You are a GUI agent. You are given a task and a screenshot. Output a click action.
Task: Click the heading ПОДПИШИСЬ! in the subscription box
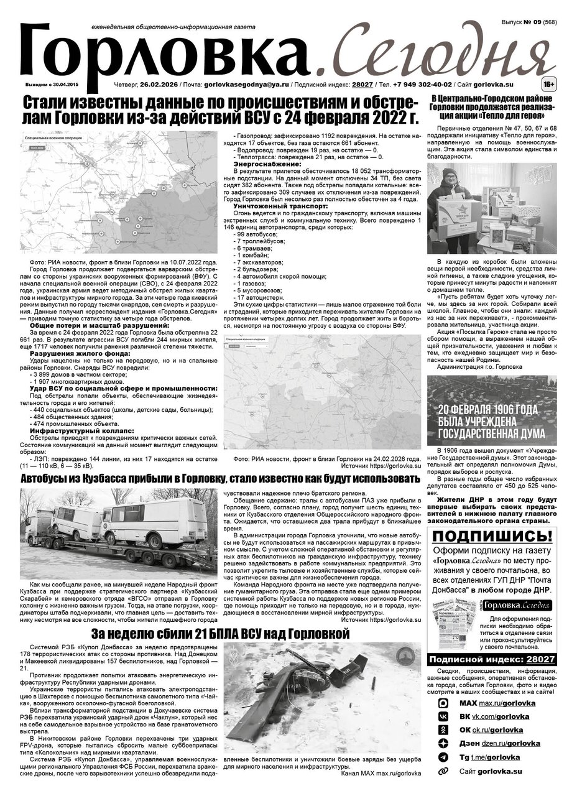(492, 537)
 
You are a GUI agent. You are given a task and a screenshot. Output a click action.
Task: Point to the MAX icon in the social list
(443, 703)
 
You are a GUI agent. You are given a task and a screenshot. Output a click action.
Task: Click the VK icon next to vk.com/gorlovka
(443, 716)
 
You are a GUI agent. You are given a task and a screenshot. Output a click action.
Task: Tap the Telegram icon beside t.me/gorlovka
(443, 757)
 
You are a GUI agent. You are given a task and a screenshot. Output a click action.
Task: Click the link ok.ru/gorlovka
(498, 730)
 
